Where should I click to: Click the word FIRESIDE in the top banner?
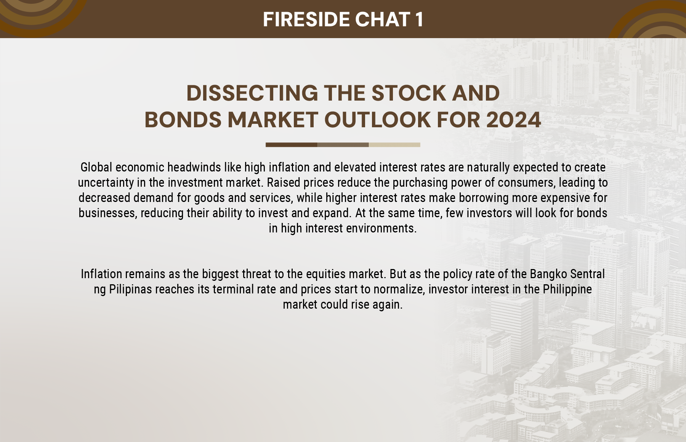[x=306, y=19]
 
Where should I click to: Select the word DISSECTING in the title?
[x=252, y=93]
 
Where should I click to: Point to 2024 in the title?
[x=513, y=120]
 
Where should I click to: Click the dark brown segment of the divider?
[x=292, y=145]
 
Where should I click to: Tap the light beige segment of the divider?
[x=394, y=145]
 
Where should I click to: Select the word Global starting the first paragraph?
[x=96, y=167]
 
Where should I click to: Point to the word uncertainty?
[x=106, y=183]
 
